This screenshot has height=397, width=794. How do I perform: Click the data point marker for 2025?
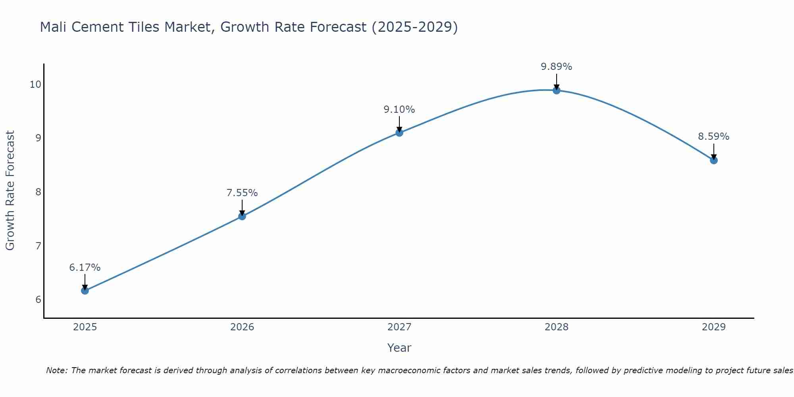point(85,291)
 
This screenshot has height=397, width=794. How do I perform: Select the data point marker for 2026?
point(242,216)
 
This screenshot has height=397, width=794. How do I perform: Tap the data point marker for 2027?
point(399,133)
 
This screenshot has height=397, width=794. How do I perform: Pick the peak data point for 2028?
point(557,91)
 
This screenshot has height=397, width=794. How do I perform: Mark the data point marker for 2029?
point(714,160)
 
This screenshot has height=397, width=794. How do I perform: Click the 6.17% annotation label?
point(85,268)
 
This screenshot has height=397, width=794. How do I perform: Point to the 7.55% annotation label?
point(242,193)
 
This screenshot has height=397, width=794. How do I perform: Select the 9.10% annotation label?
point(399,110)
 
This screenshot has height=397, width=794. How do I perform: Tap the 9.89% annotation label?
point(557,67)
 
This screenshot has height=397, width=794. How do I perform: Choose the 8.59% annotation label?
point(714,137)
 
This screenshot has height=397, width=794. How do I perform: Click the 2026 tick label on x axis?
point(242,327)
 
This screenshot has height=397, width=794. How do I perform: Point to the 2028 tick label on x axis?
point(557,327)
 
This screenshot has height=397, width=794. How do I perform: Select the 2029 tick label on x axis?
point(714,327)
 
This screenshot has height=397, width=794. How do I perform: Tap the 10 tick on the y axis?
point(35,84)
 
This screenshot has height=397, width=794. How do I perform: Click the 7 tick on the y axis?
point(38,246)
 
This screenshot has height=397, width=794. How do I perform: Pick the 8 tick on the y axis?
point(38,192)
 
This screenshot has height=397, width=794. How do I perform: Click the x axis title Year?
point(399,348)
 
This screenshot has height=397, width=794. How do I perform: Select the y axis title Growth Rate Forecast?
point(10,191)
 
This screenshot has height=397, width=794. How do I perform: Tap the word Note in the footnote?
point(56,370)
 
